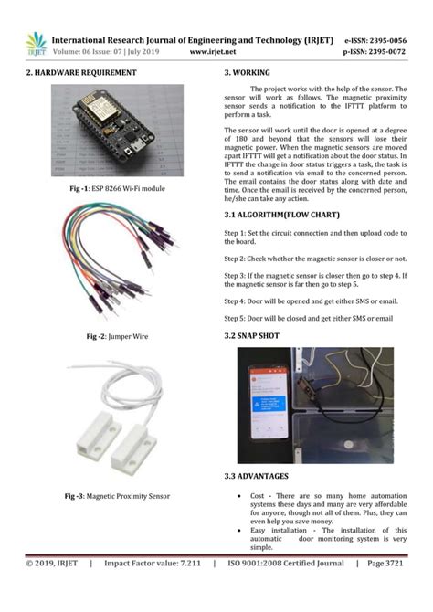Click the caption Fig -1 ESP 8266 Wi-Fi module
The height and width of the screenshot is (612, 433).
[110, 188]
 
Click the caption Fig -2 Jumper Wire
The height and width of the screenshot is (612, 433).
[111, 337]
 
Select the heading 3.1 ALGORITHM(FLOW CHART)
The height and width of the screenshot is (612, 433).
[288, 216]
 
